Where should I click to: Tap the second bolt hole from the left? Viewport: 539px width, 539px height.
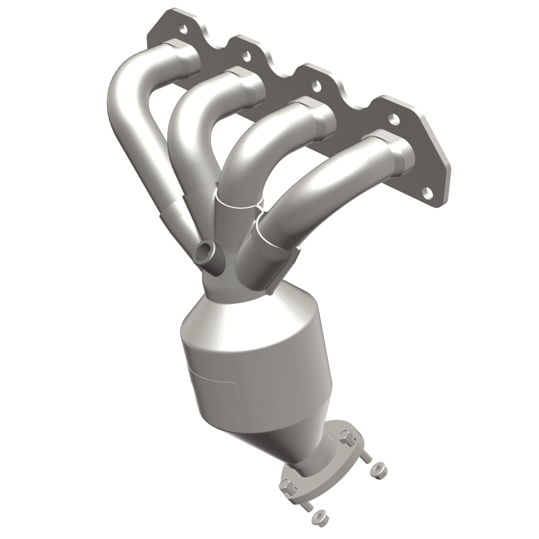pyautogui.click(x=246, y=54)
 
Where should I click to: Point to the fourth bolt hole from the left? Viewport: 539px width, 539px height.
pyautogui.click(x=395, y=120)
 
